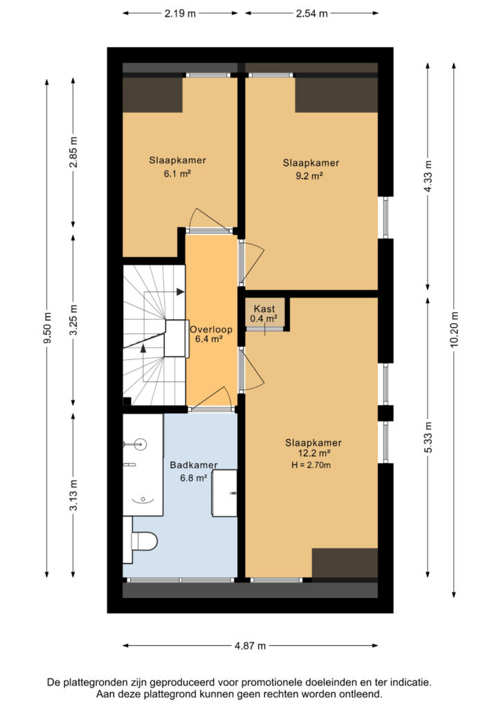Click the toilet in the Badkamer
point(144,540)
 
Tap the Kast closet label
point(264,309)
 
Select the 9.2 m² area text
point(309,176)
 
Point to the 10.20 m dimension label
point(455,330)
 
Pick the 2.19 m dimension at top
point(180,14)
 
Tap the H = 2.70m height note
point(311,465)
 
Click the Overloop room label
point(211,329)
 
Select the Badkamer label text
point(194,465)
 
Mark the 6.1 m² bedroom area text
point(177,172)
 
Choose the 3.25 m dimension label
point(74,320)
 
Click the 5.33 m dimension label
point(429,438)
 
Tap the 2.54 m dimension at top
point(311,14)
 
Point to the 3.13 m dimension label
point(74,495)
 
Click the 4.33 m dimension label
point(429,177)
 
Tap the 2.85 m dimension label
point(74,152)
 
